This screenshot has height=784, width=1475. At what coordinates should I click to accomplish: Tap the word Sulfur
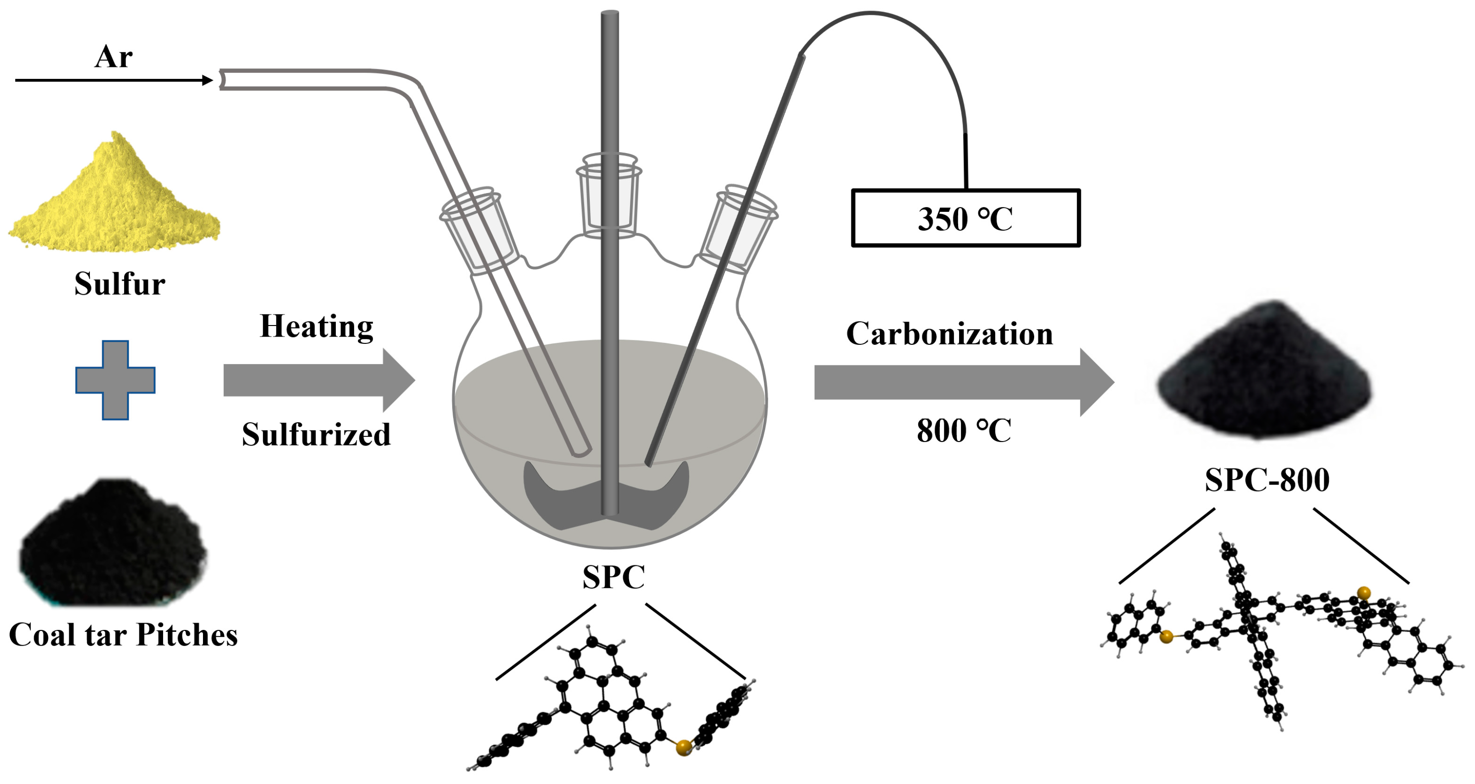tap(119, 283)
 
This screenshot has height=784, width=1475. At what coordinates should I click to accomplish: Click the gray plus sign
tap(115, 380)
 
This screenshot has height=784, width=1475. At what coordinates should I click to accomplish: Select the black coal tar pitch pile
tap(112, 545)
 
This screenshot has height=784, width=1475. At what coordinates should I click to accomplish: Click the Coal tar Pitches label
tap(123, 635)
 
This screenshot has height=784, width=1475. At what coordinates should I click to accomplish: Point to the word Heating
tap(316, 326)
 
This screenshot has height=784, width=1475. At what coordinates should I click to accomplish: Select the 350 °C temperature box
tap(965, 218)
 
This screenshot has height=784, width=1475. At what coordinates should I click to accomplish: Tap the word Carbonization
tap(949, 334)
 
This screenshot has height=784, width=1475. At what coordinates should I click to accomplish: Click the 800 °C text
tap(964, 431)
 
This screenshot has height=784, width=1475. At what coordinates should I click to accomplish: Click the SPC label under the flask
tap(613, 577)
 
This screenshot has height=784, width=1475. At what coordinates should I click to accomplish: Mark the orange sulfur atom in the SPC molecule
tap(683, 747)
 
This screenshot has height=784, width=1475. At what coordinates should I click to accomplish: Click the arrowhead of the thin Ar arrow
tap(207, 80)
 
